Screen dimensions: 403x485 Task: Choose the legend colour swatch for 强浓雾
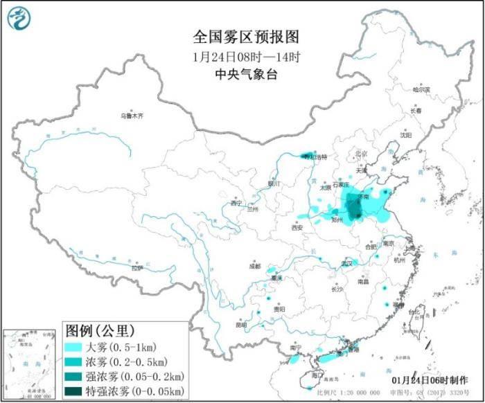(74, 377)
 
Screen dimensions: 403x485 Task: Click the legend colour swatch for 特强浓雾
(74, 392)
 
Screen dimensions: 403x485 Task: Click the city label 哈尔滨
(421, 89)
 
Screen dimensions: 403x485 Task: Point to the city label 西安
(298, 226)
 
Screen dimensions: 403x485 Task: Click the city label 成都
(256, 266)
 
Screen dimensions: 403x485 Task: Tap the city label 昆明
(240, 324)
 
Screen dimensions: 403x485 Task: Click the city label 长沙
(337, 289)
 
